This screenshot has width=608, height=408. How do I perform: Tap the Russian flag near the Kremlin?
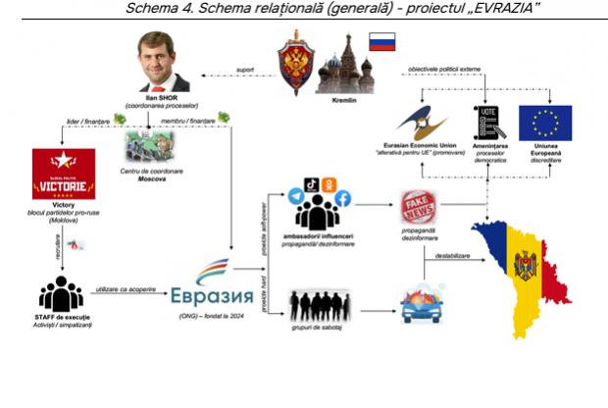[381, 41]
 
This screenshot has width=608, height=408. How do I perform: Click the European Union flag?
[545, 124]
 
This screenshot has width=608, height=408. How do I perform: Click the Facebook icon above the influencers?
[343, 198]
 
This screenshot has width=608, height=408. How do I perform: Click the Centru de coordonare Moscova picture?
[148, 148]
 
